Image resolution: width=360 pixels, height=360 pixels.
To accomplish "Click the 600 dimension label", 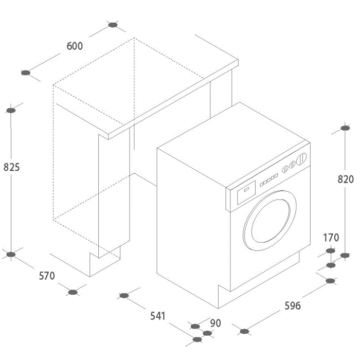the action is pos(75,46).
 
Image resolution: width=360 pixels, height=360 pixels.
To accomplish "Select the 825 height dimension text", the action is pos(11,167).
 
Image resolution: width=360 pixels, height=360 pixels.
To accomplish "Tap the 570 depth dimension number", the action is pos(47,276).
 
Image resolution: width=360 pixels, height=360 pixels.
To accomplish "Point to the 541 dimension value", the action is pos(158,316).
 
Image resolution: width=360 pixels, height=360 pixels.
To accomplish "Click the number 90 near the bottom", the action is pos(215,323).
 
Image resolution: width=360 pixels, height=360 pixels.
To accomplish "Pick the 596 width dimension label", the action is pos(293,306).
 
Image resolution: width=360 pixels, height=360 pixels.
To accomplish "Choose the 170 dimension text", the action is pos(331,238).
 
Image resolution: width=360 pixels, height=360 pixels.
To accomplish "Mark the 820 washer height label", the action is pos(346,179).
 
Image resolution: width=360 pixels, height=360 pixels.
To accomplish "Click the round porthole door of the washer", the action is pos(270,221).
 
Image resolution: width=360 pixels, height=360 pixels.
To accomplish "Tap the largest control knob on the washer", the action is pos(301,159).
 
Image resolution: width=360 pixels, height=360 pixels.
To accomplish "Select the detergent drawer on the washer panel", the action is pos(246,192).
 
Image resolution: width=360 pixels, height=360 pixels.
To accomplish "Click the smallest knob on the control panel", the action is pos(285,169).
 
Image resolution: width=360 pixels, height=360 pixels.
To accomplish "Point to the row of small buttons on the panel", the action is pos(269,180).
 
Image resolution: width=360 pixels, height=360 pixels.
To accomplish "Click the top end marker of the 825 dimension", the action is pos(11,111).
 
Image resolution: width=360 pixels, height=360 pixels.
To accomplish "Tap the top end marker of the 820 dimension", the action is pos(345,128).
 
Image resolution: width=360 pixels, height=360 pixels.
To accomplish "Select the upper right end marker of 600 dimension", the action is pos(113,25).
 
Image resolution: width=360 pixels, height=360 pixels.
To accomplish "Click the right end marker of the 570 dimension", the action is pos(73,292).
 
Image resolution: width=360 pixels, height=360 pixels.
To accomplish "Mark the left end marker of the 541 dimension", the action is pos(124,296).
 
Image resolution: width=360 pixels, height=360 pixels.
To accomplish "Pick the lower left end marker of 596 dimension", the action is pos(244,332).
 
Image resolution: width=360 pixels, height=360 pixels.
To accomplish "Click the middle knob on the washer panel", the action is pos(292,165).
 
